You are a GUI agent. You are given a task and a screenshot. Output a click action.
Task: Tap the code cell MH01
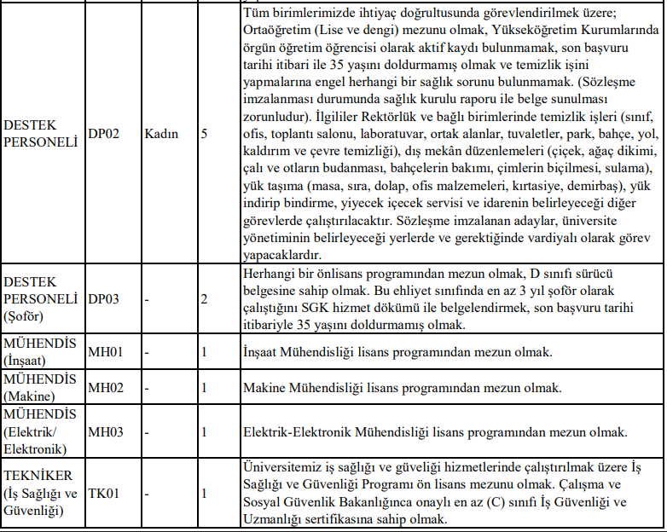pyautogui.click(x=107, y=351)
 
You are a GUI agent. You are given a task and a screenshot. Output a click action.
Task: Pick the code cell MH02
pyautogui.click(x=107, y=388)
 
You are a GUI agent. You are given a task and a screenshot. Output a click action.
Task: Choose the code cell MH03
pyautogui.click(x=107, y=431)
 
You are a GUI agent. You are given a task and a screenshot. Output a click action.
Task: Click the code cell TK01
pyautogui.click(x=105, y=493)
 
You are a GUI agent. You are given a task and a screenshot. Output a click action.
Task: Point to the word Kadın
pyautogui.click(x=162, y=135)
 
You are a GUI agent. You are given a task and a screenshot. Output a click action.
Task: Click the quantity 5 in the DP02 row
pyautogui.click(x=204, y=135)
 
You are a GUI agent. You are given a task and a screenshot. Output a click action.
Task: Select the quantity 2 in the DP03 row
pyautogui.click(x=204, y=299)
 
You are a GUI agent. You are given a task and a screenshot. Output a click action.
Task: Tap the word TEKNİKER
pyautogui.click(x=38, y=476)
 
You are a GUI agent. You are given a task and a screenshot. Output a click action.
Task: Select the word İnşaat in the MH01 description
pyautogui.click(x=264, y=351)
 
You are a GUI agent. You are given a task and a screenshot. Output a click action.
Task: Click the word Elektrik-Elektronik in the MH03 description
pyautogui.click(x=304, y=431)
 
